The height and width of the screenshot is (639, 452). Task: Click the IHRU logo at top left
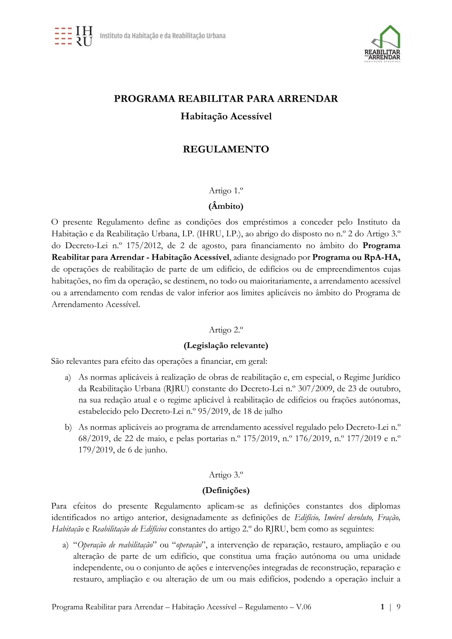point(74,36)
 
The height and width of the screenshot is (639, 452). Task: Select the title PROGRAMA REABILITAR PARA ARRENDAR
point(226,99)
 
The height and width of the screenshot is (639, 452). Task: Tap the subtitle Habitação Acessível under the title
point(226,116)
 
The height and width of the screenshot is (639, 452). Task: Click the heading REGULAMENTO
point(226,149)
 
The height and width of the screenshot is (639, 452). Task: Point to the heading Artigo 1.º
point(226,191)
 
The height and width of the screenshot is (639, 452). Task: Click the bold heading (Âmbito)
point(226,206)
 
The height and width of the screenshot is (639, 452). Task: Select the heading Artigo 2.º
point(226,330)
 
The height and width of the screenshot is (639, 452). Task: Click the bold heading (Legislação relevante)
point(226,345)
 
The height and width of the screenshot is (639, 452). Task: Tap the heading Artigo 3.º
point(226,475)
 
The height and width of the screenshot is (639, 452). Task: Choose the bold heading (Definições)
point(226,490)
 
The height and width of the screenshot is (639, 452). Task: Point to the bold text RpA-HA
point(382,257)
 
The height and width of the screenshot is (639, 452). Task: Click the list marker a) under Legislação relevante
point(68,377)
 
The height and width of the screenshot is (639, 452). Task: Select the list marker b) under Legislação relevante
point(68,427)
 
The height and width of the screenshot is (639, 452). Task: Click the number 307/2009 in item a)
point(315,389)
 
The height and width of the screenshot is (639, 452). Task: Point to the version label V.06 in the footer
point(303,607)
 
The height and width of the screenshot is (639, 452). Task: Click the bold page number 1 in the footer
point(382,607)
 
